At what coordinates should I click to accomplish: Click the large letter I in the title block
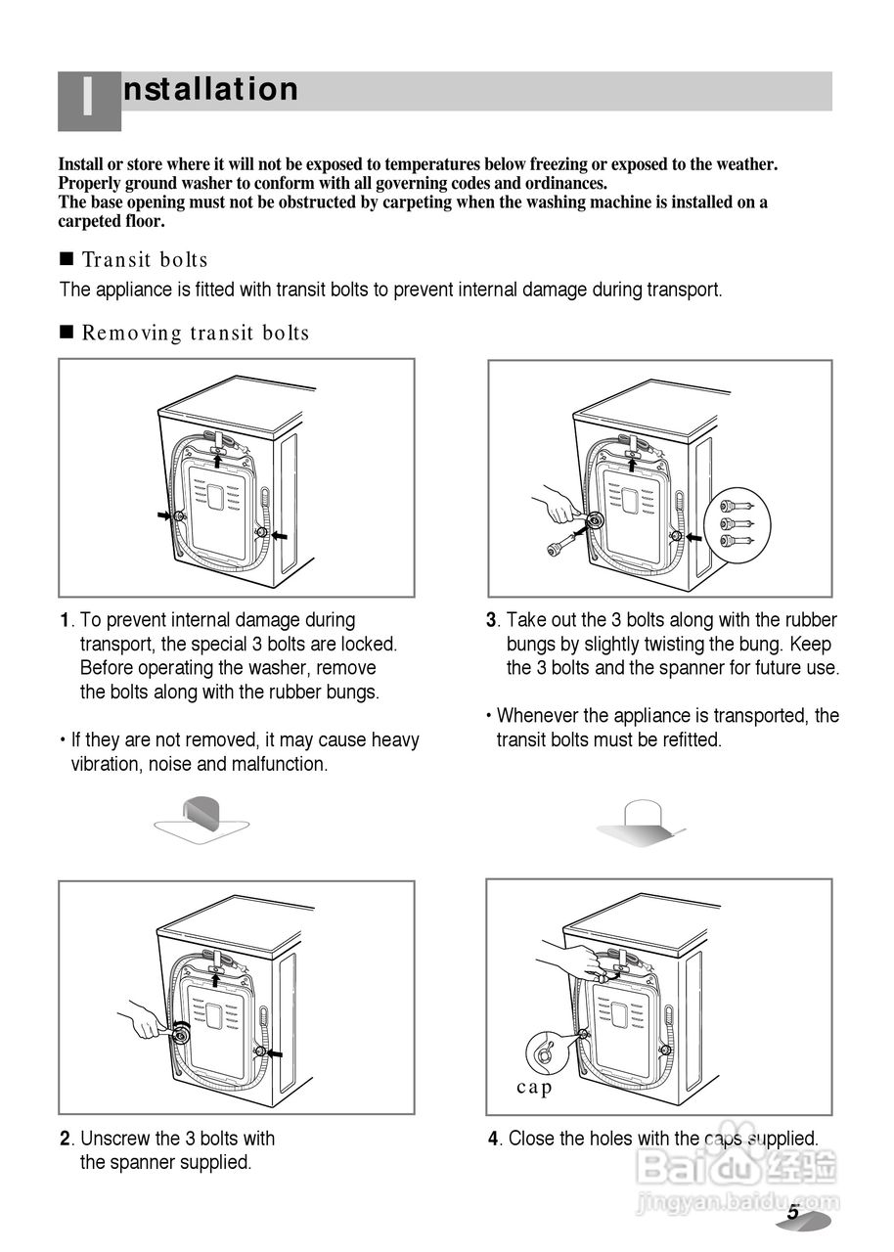click(x=88, y=100)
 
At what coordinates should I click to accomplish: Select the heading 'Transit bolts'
click(x=145, y=260)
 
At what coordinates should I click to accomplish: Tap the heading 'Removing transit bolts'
click(x=196, y=334)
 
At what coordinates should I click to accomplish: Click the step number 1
click(x=65, y=620)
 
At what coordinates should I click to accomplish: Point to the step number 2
click(x=65, y=1139)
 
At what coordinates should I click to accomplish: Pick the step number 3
click(x=492, y=620)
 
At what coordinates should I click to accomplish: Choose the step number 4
click(x=494, y=1139)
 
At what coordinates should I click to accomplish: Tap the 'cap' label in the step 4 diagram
click(x=534, y=1088)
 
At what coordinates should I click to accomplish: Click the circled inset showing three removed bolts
click(x=738, y=524)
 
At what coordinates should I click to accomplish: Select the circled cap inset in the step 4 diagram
click(x=549, y=1052)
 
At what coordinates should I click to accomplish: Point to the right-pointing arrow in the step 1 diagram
click(x=163, y=514)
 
